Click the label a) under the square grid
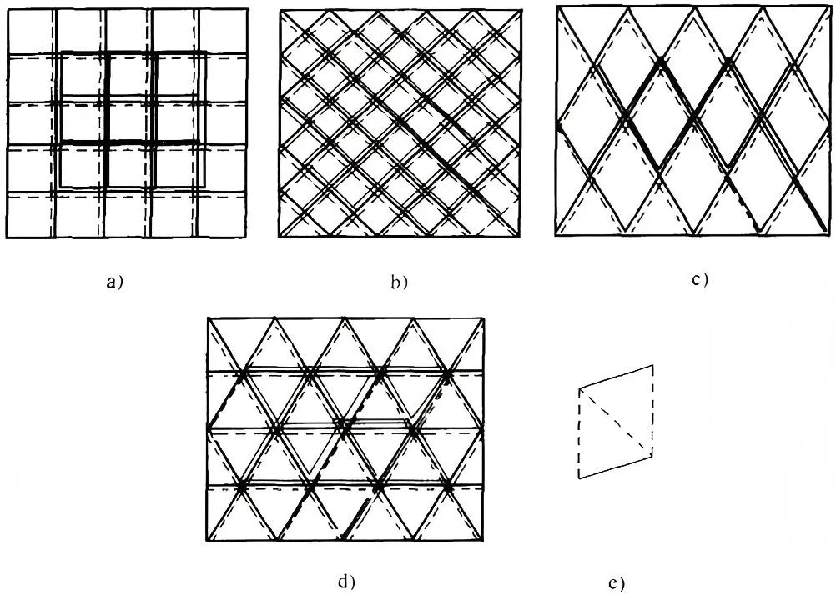[x=115, y=282]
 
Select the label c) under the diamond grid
[x=700, y=279]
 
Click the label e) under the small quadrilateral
[x=616, y=584]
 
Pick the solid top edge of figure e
[x=616, y=377]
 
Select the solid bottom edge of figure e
[x=615, y=467]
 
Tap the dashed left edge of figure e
[x=579, y=433]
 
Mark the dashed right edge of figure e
[x=652, y=410]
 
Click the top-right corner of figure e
[x=652, y=365]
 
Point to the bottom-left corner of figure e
[x=579, y=478]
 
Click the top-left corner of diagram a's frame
[x=7, y=9]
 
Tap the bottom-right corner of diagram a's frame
[x=247, y=237]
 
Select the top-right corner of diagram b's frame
[x=521, y=10]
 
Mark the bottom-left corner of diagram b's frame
[x=279, y=237]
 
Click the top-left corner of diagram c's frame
[x=556, y=6]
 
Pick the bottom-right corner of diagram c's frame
[x=831, y=235]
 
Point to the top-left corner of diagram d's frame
[x=208, y=318]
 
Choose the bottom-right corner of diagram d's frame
[x=484, y=540]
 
